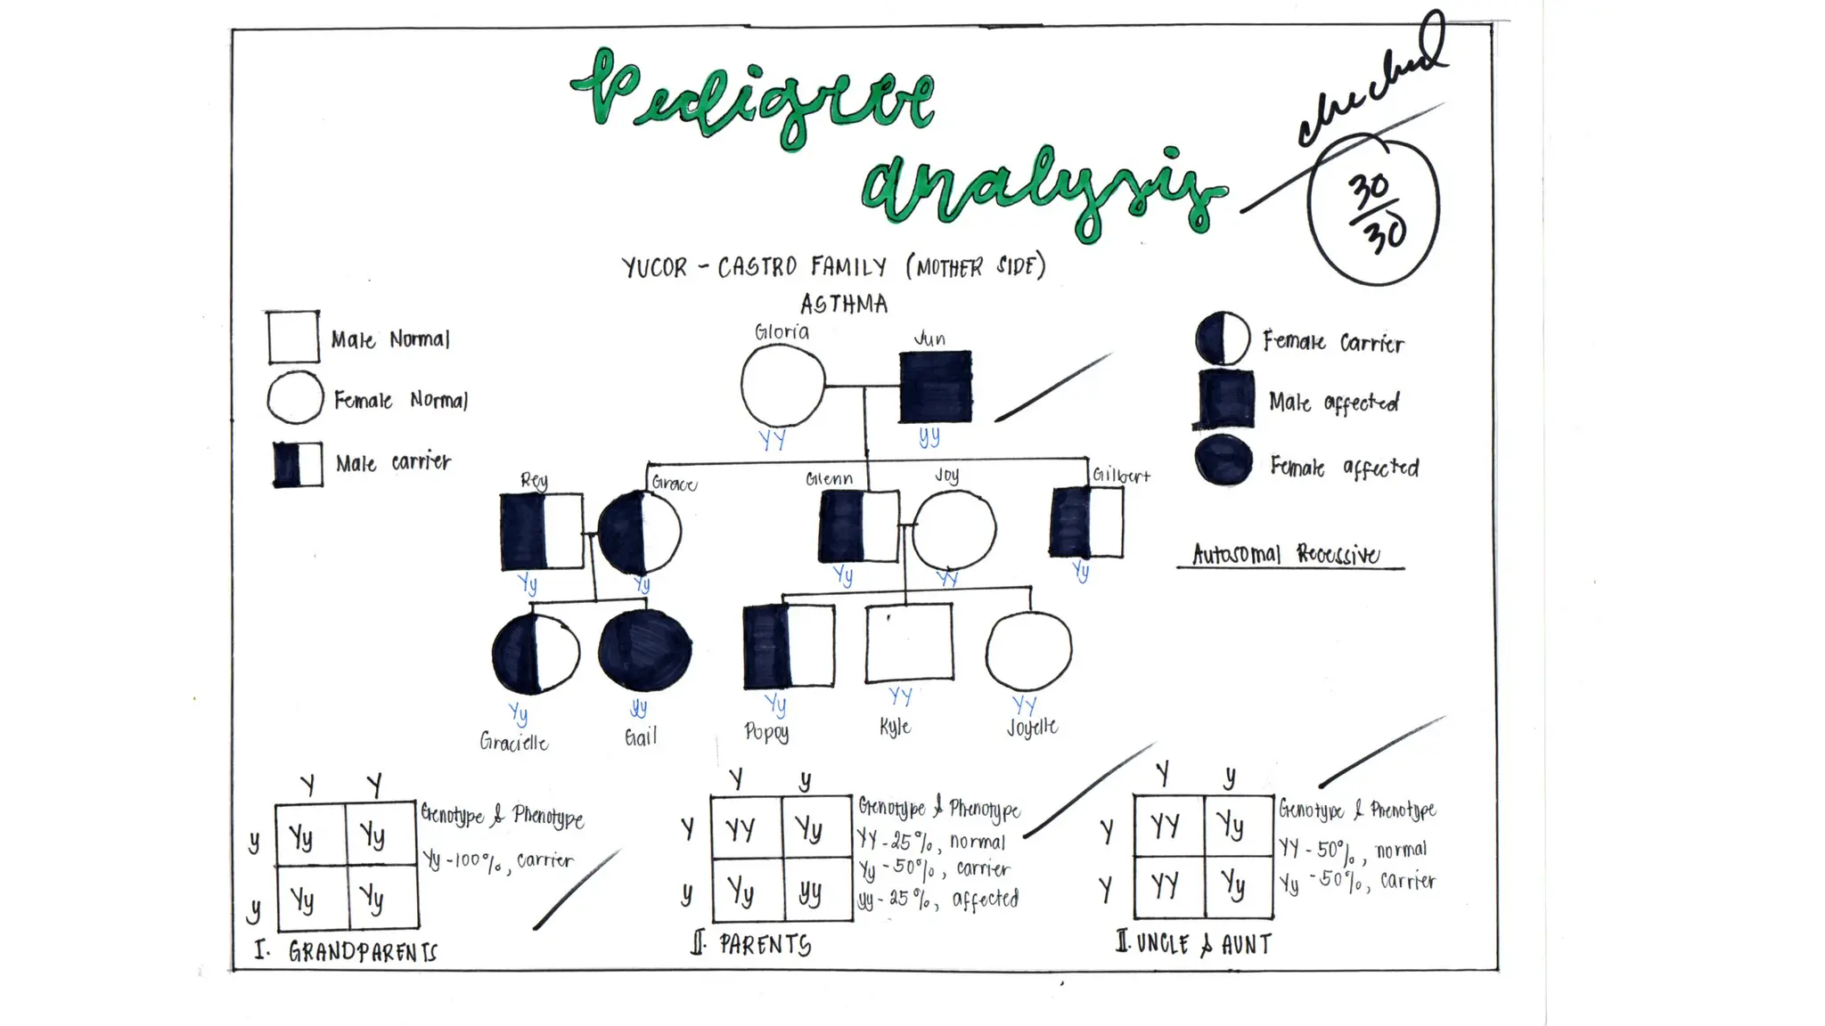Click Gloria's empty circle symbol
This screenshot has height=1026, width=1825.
(782, 386)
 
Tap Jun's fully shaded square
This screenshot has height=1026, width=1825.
(935, 387)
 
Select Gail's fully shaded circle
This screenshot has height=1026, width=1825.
(644, 650)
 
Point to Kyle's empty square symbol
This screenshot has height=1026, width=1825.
(909, 643)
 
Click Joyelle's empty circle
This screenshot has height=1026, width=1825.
(1028, 651)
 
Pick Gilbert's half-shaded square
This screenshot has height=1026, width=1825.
(1086, 522)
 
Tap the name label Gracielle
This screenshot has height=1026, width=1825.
(514, 742)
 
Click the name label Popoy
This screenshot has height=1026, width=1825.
(766, 732)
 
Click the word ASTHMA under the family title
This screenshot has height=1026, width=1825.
(843, 305)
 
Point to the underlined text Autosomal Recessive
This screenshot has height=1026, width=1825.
(1286, 554)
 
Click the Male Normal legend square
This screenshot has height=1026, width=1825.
(293, 338)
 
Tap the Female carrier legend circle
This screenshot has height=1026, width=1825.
(1223, 338)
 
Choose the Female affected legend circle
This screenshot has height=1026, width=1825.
(1223, 460)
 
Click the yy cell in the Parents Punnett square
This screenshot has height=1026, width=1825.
(811, 891)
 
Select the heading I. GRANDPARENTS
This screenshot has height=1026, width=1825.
(347, 951)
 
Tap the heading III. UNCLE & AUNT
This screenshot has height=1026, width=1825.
(1194, 943)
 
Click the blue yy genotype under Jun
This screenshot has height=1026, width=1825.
(929, 436)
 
